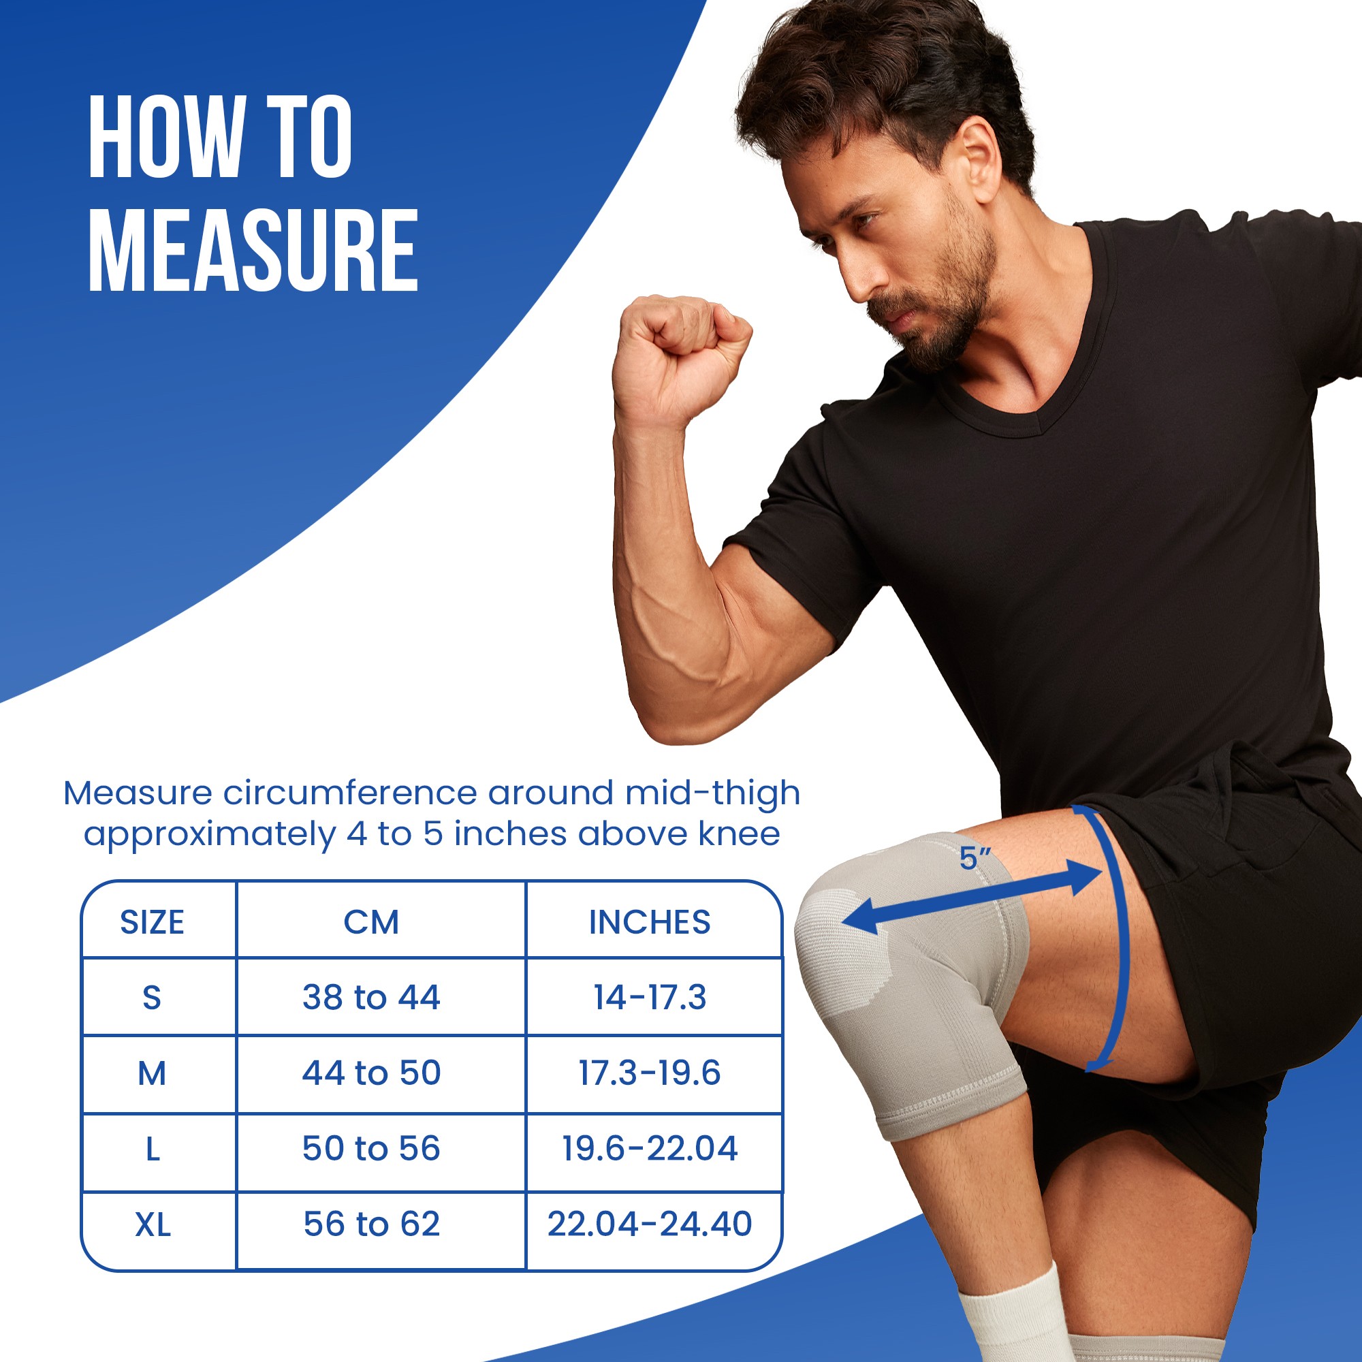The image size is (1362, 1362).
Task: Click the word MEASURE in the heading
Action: coord(254,251)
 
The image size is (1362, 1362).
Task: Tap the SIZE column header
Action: coord(153,922)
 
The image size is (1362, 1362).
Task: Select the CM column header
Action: coord(372,922)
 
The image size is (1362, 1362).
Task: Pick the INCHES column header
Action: coord(649,922)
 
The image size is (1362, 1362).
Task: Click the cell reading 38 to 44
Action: coord(372,997)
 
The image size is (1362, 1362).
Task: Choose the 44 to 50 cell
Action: coord(372,1073)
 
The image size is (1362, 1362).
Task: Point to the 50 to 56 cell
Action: coord(372,1147)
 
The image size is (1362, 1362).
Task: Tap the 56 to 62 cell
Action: coord(372,1223)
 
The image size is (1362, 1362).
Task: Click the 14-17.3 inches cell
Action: coord(649,997)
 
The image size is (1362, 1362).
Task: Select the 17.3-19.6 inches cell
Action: coord(649,1073)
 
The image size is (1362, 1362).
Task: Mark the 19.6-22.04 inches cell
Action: coord(649,1147)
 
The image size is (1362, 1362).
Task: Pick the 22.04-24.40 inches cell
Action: coord(649,1223)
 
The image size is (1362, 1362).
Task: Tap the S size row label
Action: coord(153,998)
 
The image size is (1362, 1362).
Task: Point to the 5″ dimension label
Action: coord(975,859)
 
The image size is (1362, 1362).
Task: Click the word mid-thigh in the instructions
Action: coord(712,793)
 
